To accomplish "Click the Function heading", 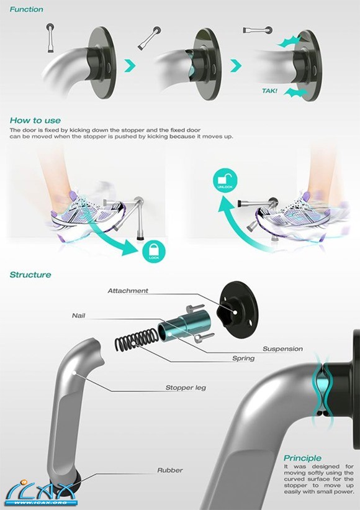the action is pyautogui.click(x=26, y=9).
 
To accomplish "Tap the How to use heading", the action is pyautogui.click(x=35, y=121).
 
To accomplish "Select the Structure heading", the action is pyautogui.click(x=30, y=275).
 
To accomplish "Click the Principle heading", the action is pyautogui.click(x=302, y=458).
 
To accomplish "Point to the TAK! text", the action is pyautogui.click(x=269, y=91).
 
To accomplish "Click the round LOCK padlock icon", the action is pyautogui.click(x=154, y=252).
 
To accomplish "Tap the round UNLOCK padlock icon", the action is pyautogui.click(x=225, y=180).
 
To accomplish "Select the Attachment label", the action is pyautogui.click(x=128, y=291).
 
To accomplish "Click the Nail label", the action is pyautogui.click(x=79, y=316).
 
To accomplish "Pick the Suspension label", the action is pyautogui.click(x=282, y=348).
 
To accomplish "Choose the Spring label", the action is pyautogui.click(x=243, y=358).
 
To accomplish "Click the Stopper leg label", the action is pyautogui.click(x=186, y=388).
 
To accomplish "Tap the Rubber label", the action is pyautogui.click(x=170, y=470).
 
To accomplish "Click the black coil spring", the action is pyautogui.click(x=137, y=340).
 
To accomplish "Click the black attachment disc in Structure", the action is pyautogui.click(x=238, y=309).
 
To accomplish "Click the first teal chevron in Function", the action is pyautogui.click(x=130, y=66).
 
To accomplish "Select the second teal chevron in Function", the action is pyautogui.click(x=236, y=66).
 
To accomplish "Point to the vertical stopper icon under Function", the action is pyautogui.click(x=51, y=38).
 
